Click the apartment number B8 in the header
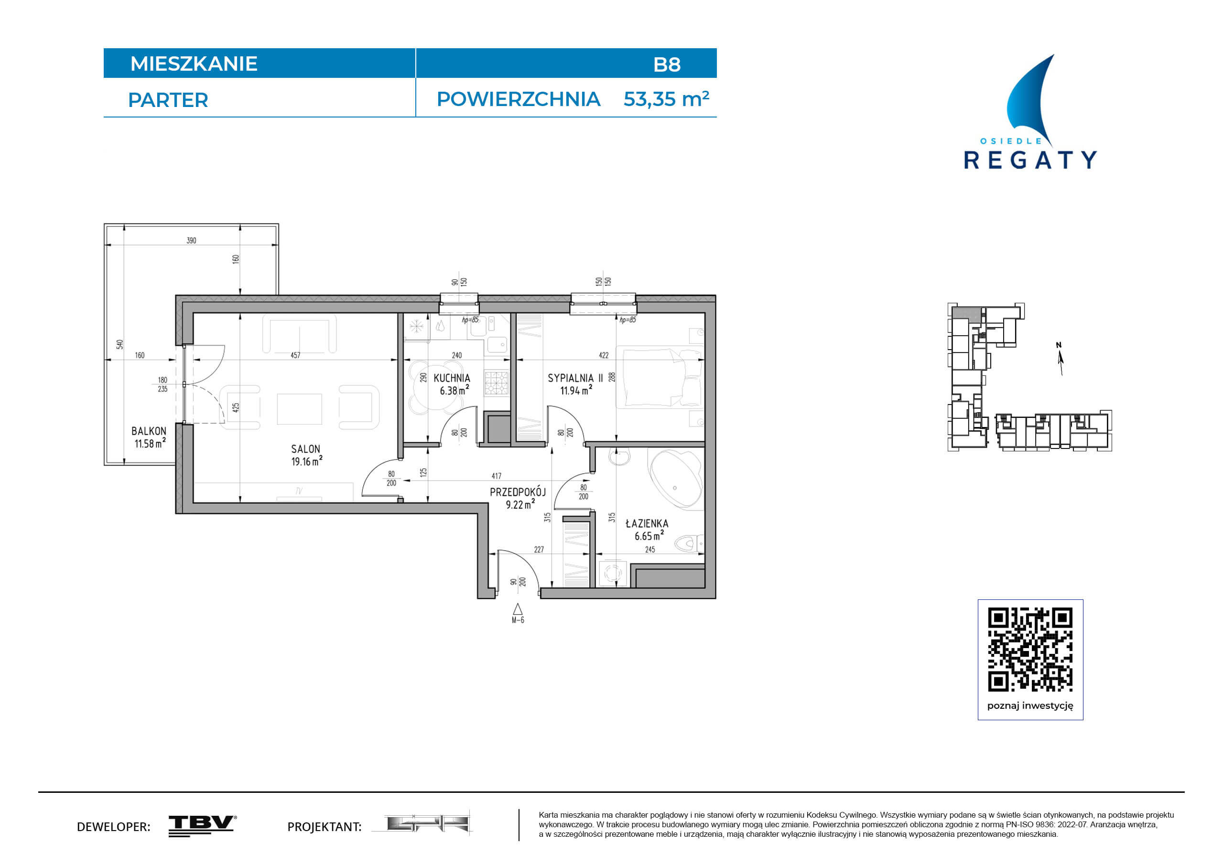(666, 64)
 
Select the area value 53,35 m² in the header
(666, 99)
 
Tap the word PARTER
(168, 100)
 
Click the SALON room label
(305, 449)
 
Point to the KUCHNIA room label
(452, 378)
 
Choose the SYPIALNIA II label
(575, 378)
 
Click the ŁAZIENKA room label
(647, 523)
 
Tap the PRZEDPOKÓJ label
(518, 492)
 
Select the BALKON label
(149, 431)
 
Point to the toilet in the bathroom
(690, 544)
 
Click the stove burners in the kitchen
(496, 383)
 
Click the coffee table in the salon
(299, 409)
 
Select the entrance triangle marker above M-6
(517, 609)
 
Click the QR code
(1030, 650)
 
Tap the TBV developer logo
(203, 826)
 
